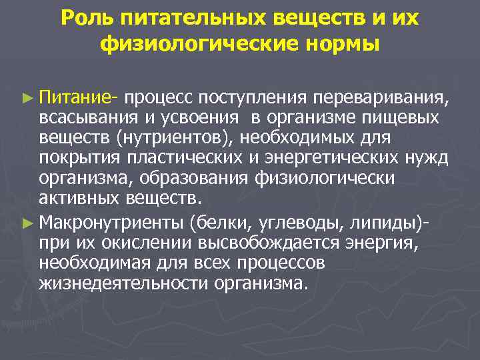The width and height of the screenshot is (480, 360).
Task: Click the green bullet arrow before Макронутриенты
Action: (x=27, y=219)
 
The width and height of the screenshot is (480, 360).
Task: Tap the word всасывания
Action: (x=87, y=118)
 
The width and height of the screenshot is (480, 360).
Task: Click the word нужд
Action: (x=431, y=158)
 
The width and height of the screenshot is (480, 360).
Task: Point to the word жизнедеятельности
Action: (x=125, y=283)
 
